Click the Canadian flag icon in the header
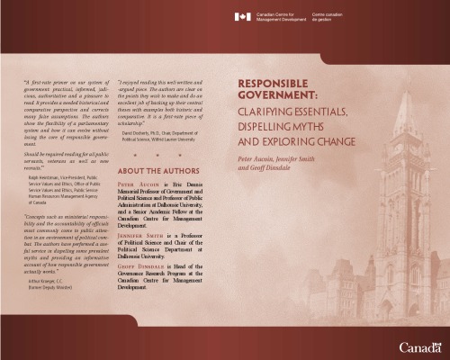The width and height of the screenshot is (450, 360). click(242, 17)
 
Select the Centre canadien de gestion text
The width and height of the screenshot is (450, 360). click(346, 17)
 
